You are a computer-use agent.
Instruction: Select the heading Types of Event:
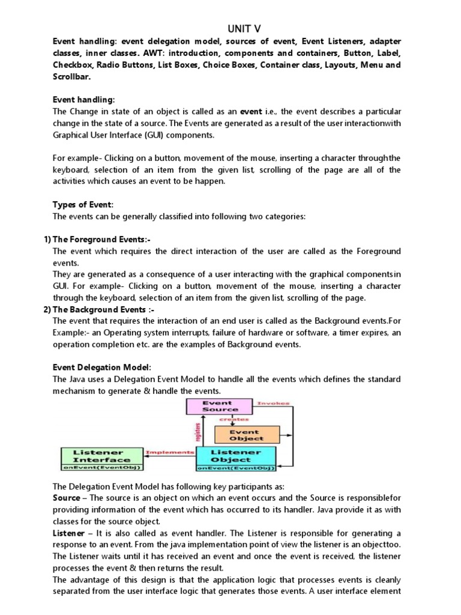click(82, 205)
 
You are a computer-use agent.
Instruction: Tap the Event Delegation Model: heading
click(102, 368)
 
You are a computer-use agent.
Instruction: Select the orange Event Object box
click(247, 435)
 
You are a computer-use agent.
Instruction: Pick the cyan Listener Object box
click(236, 456)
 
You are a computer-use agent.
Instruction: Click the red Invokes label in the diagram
click(273, 403)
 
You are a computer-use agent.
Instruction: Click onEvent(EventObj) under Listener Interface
click(98, 467)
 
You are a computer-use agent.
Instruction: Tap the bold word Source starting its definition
click(66, 498)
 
